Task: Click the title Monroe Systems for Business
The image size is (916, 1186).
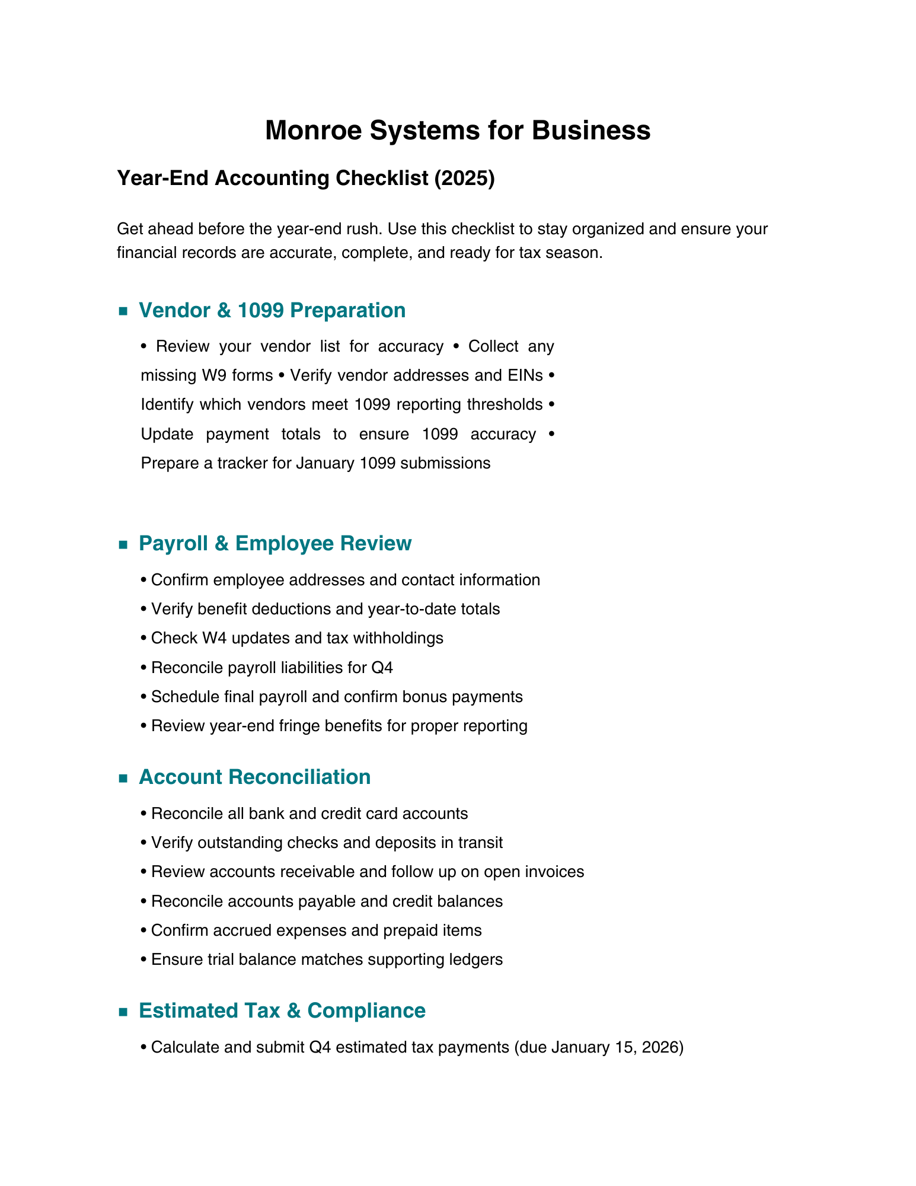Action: (x=457, y=130)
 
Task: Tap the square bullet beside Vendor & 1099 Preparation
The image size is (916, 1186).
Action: (x=123, y=311)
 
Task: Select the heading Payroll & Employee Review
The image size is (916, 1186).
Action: (x=275, y=543)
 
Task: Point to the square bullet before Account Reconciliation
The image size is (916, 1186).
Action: (x=123, y=778)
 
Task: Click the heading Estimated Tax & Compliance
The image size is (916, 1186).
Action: (x=282, y=1010)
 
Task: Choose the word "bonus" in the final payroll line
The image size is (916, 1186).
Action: (x=428, y=697)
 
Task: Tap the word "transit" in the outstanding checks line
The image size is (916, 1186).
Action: (x=478, y=843)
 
